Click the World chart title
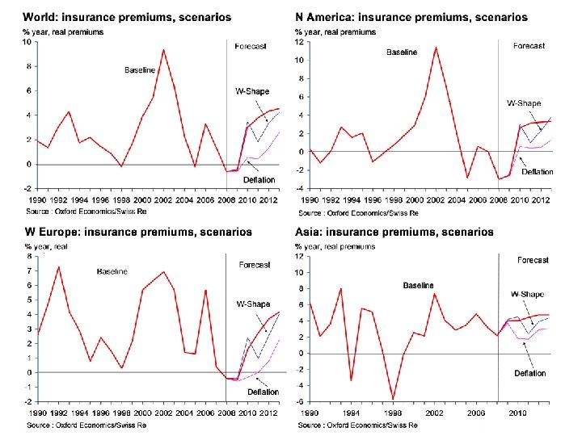pos(127,17)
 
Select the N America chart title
pos(411,17)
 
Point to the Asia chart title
pos(394,232)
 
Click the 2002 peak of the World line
pos(163,50)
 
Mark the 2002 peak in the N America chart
pos(436,47)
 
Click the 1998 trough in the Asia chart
pos(393,399)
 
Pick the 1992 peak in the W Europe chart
pos(57,267)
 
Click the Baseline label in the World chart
pos(139,70)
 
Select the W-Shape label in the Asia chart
pos(526,295)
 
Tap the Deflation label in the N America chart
pos(537,172)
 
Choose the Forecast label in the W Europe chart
pos(255,265)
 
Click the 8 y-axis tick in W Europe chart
pos(30,256)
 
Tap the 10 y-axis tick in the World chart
pos(27,42)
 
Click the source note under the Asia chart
pos(358,425)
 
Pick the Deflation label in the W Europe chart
pos(263,392)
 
